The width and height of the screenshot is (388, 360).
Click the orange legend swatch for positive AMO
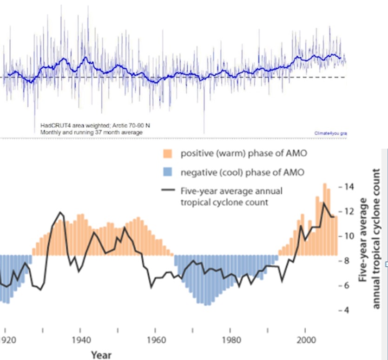[x=168, y=153]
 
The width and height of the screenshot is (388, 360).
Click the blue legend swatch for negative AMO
[x=168, y=172]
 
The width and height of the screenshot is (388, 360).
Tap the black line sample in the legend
[x=168, y=190]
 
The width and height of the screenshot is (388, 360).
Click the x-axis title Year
[x=101, y=355]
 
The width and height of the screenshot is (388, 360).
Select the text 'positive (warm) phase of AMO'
[x=241, y=153]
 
